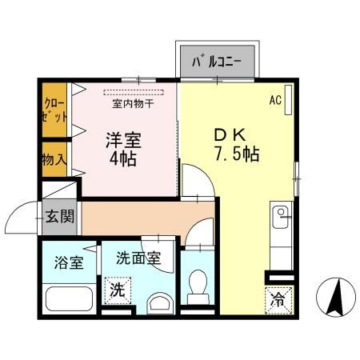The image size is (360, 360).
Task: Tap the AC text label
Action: pos(274,101)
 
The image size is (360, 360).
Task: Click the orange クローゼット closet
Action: pos(54,111)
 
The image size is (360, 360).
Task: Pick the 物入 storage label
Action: pos(54,160)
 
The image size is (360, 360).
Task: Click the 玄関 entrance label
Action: pos(59,215)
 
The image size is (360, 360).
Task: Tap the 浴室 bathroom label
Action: pos(68,263)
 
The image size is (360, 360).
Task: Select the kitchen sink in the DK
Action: pos(282,214)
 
